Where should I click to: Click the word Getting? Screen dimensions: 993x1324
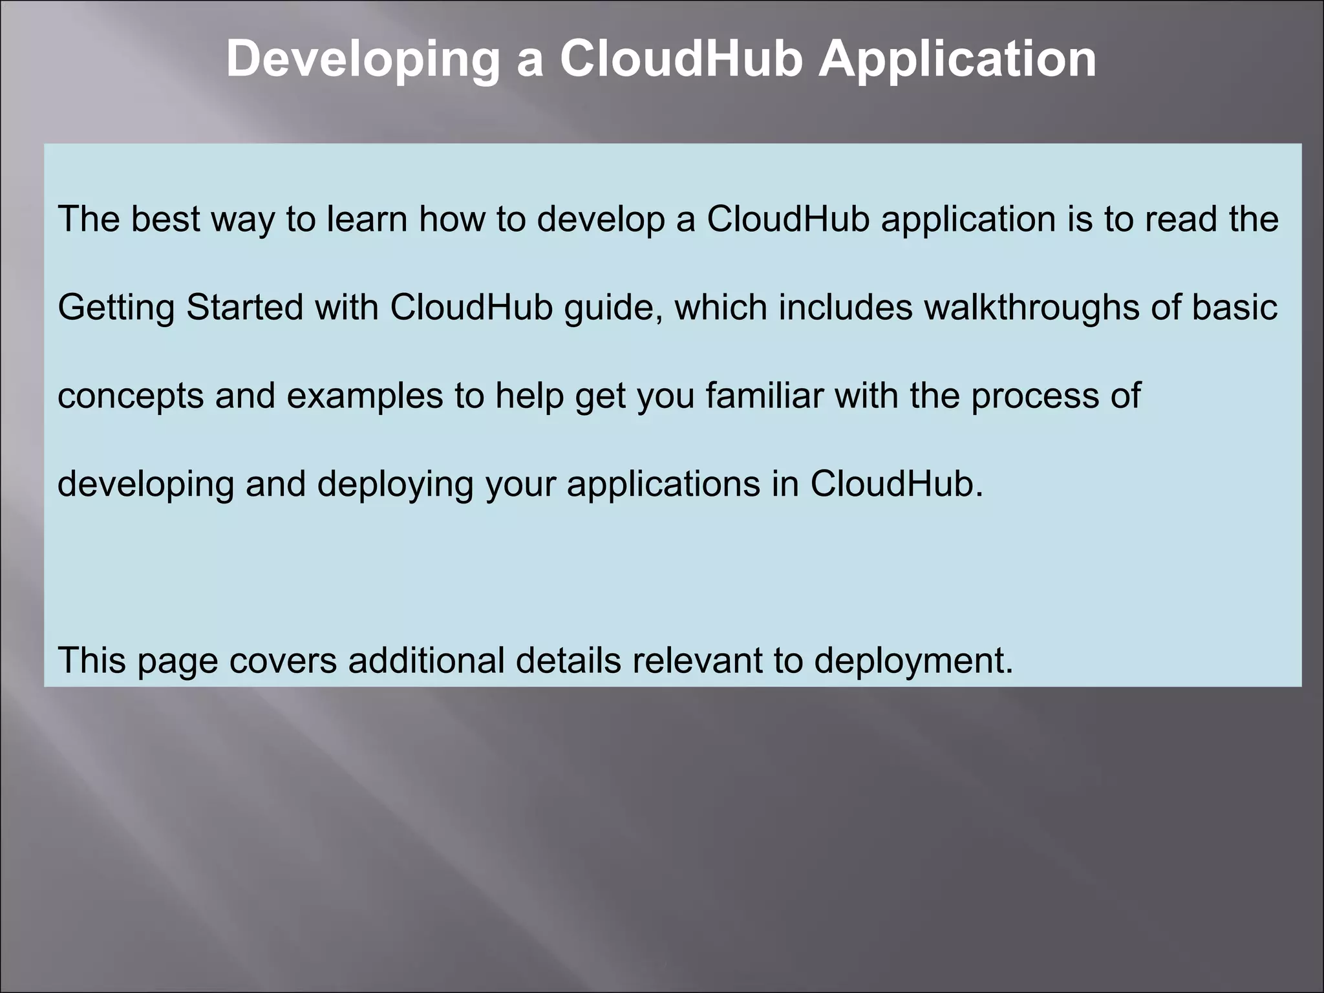(x=116, y=307)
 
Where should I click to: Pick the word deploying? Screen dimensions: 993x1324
(x=395, y=484)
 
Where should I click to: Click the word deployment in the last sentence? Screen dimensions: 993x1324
(x=913, y=661)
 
